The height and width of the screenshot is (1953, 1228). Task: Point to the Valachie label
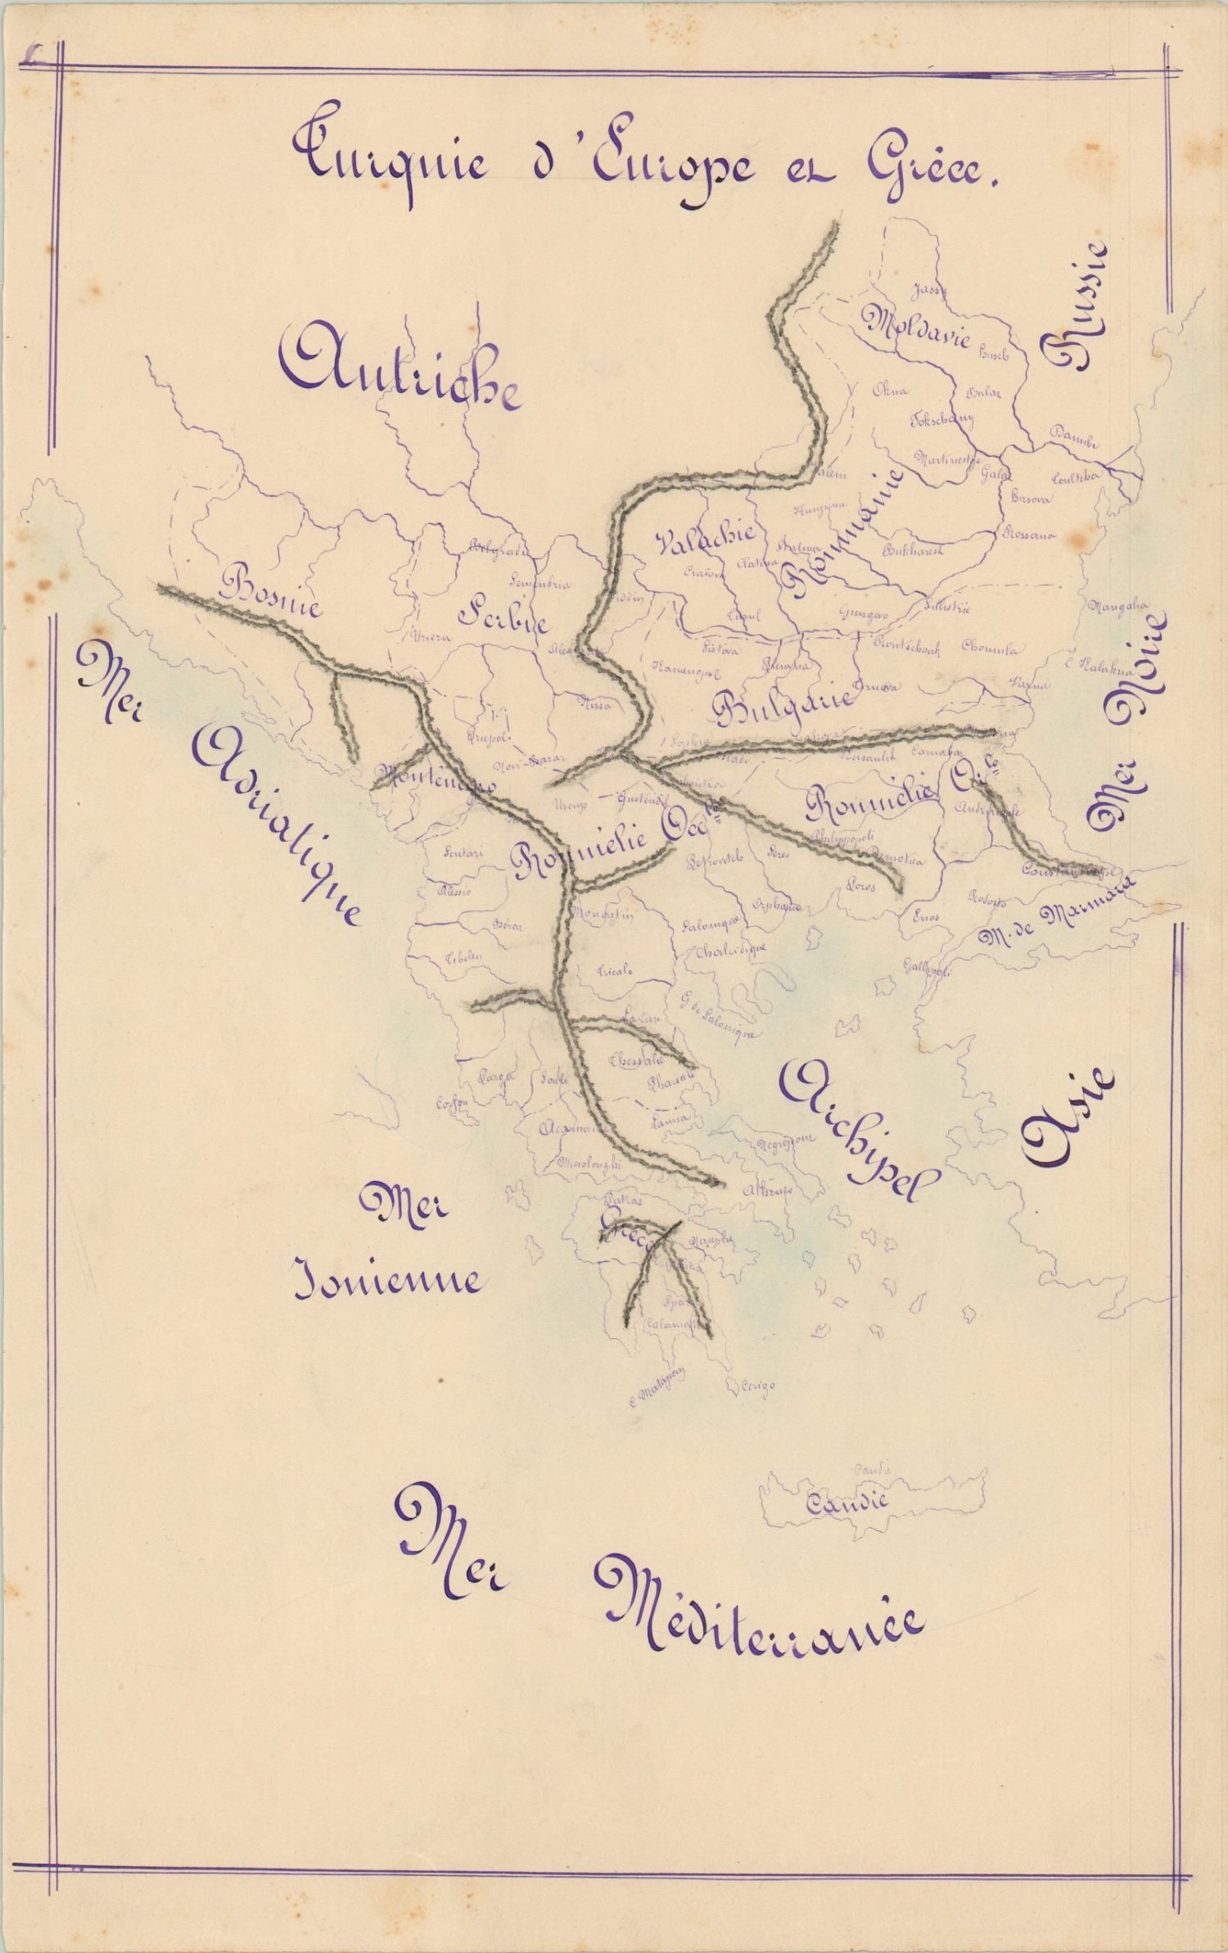click(x=704, y=540)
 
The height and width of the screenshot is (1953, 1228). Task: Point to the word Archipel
click(x=860, y=1130)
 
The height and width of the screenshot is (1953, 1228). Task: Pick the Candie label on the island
click(x=847, y=1503)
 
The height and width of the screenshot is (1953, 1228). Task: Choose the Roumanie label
click(x=843, y=532)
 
